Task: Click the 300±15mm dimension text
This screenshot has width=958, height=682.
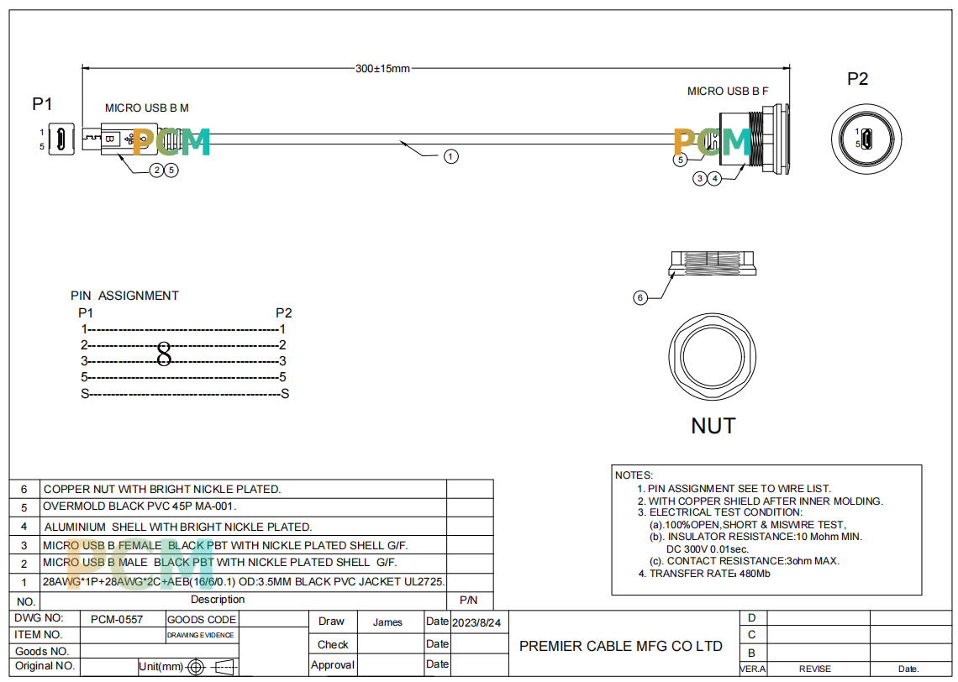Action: coord(382,68)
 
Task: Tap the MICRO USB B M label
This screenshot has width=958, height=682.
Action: coord(146,108)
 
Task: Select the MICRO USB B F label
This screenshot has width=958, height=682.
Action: coord(728,91)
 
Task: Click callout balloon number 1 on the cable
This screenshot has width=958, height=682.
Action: coord(451,157)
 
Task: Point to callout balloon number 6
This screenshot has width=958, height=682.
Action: coord(640,298)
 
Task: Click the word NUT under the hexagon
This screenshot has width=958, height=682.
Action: coord(713,426)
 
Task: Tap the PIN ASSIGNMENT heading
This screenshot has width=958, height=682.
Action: coord(124,296)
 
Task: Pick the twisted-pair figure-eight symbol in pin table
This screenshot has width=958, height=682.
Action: coord(164,354)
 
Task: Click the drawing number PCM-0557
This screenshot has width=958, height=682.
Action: coord(117,619)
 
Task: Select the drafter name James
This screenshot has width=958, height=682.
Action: coord(387,622)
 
